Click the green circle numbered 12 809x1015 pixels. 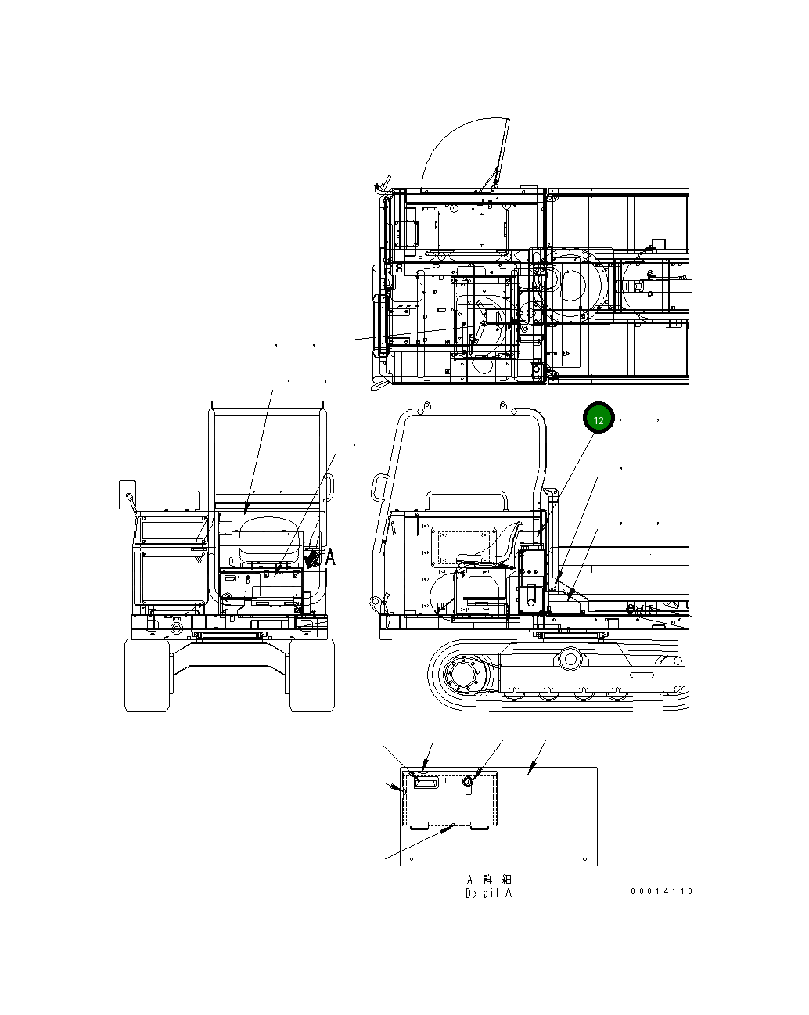(599, 420)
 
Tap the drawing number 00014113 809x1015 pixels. (661, 891)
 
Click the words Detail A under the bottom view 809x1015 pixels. (488, 893)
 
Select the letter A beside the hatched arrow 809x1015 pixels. (330, 557)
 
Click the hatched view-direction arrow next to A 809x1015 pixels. (314, 557)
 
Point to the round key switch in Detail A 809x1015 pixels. (469, 782)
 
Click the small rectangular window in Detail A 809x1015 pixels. (426, 783)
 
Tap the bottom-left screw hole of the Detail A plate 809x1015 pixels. (412, 857)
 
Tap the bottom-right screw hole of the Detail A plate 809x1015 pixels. (585, 857)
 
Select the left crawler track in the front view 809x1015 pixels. (147, 675)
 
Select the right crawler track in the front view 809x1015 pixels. (312, 675)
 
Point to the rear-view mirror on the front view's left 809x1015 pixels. (126, 494)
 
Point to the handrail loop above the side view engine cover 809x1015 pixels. (465, 500)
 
